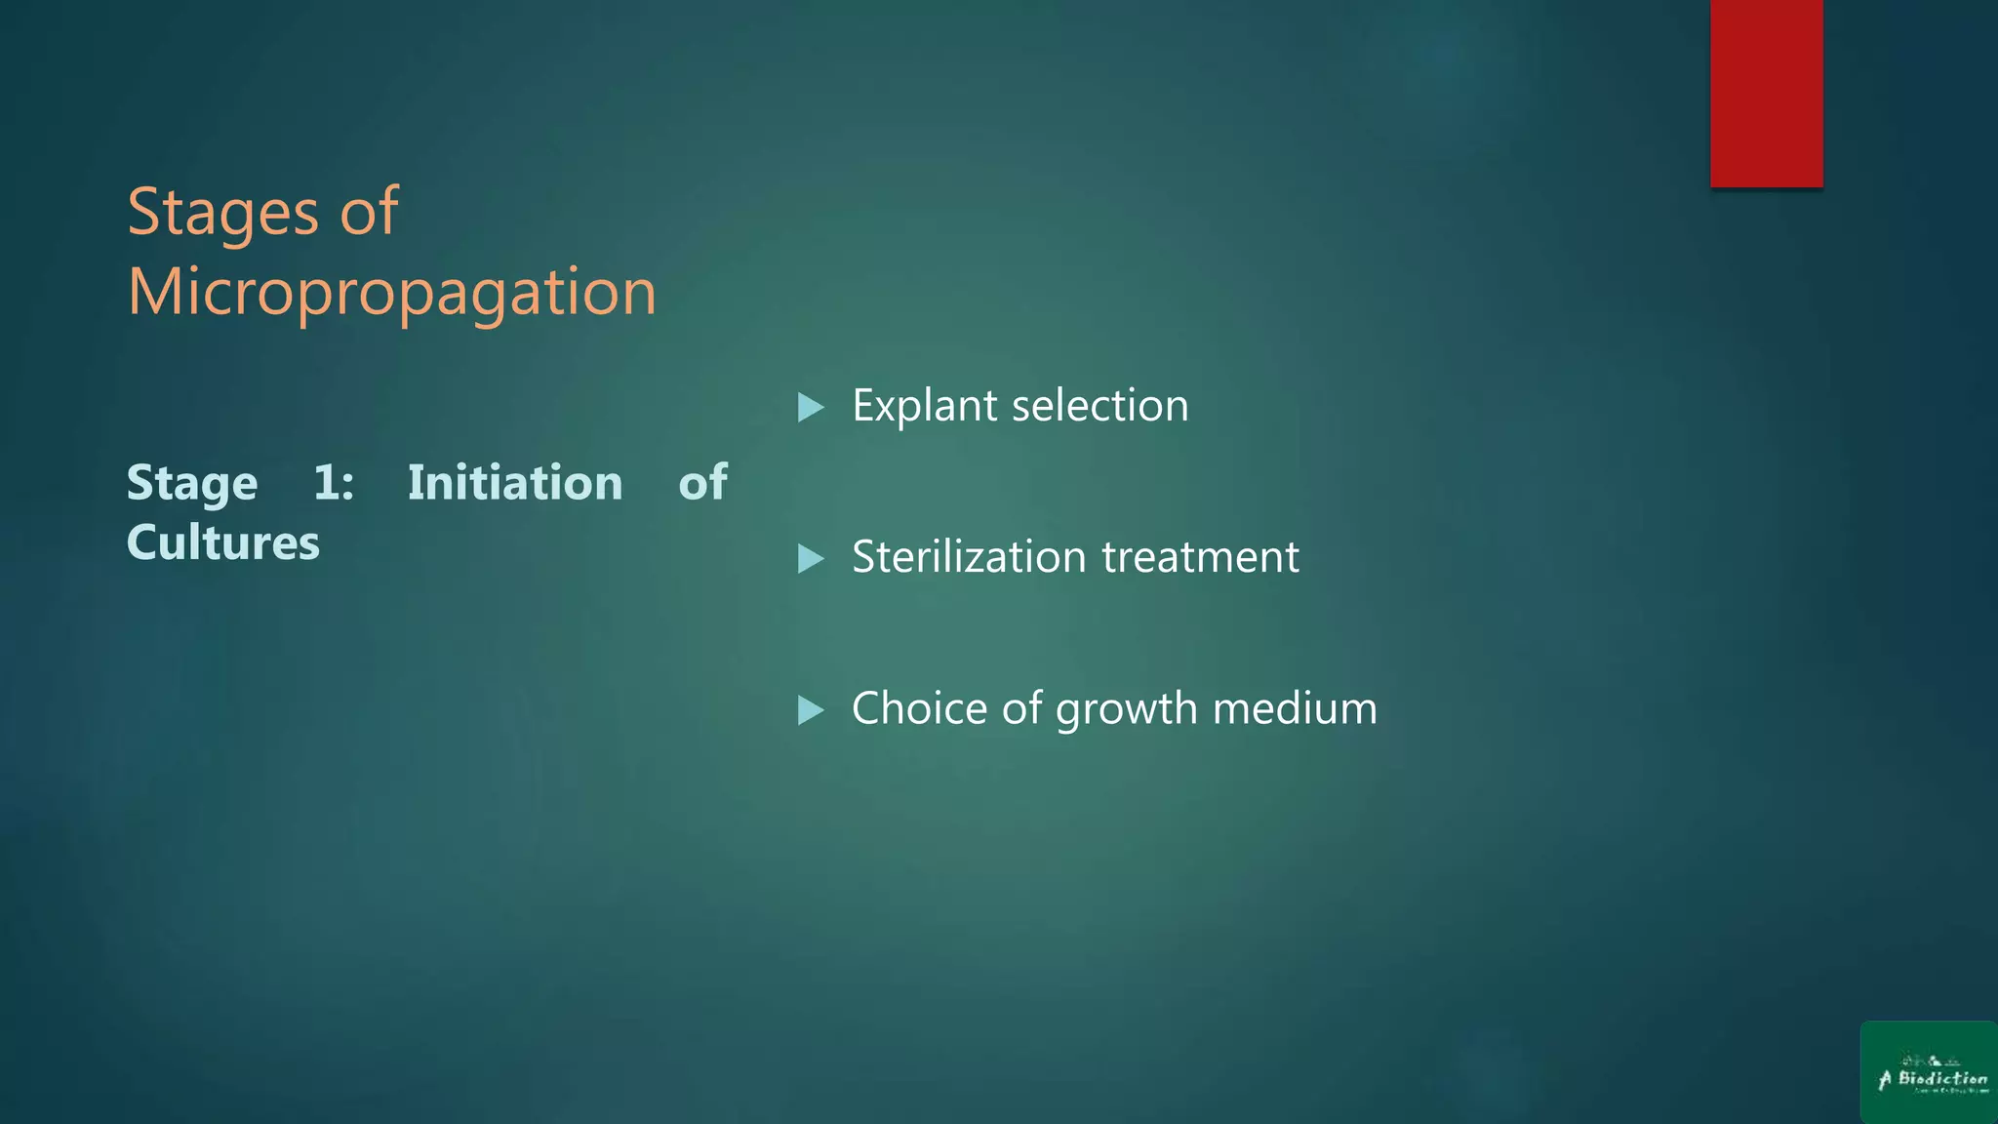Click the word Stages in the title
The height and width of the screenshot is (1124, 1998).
tap(222, 213)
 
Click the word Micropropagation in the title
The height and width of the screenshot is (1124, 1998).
tap(392, 292)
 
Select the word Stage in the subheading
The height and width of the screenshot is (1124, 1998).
tap(192, 484)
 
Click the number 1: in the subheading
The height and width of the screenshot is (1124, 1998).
tap(334, 483)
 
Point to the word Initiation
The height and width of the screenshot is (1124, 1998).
tap(515, 483)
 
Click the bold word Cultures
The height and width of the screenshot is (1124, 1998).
tap(223, 542)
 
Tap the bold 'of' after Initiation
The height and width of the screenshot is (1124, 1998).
tap(702, 483)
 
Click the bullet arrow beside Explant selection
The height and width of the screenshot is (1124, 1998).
tap(811, 407)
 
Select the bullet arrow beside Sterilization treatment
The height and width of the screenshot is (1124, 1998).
tap(811, 558)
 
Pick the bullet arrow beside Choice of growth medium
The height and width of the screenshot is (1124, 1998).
tap(811, 709)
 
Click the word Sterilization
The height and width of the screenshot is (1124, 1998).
tap(969, 557)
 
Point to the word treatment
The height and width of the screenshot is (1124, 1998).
tap(1200, 557)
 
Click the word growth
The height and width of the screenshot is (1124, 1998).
tap(1127, 709)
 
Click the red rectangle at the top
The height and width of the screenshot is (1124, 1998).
tap(1766, 93)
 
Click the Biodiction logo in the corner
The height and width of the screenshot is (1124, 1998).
tap(1929, 1072)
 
